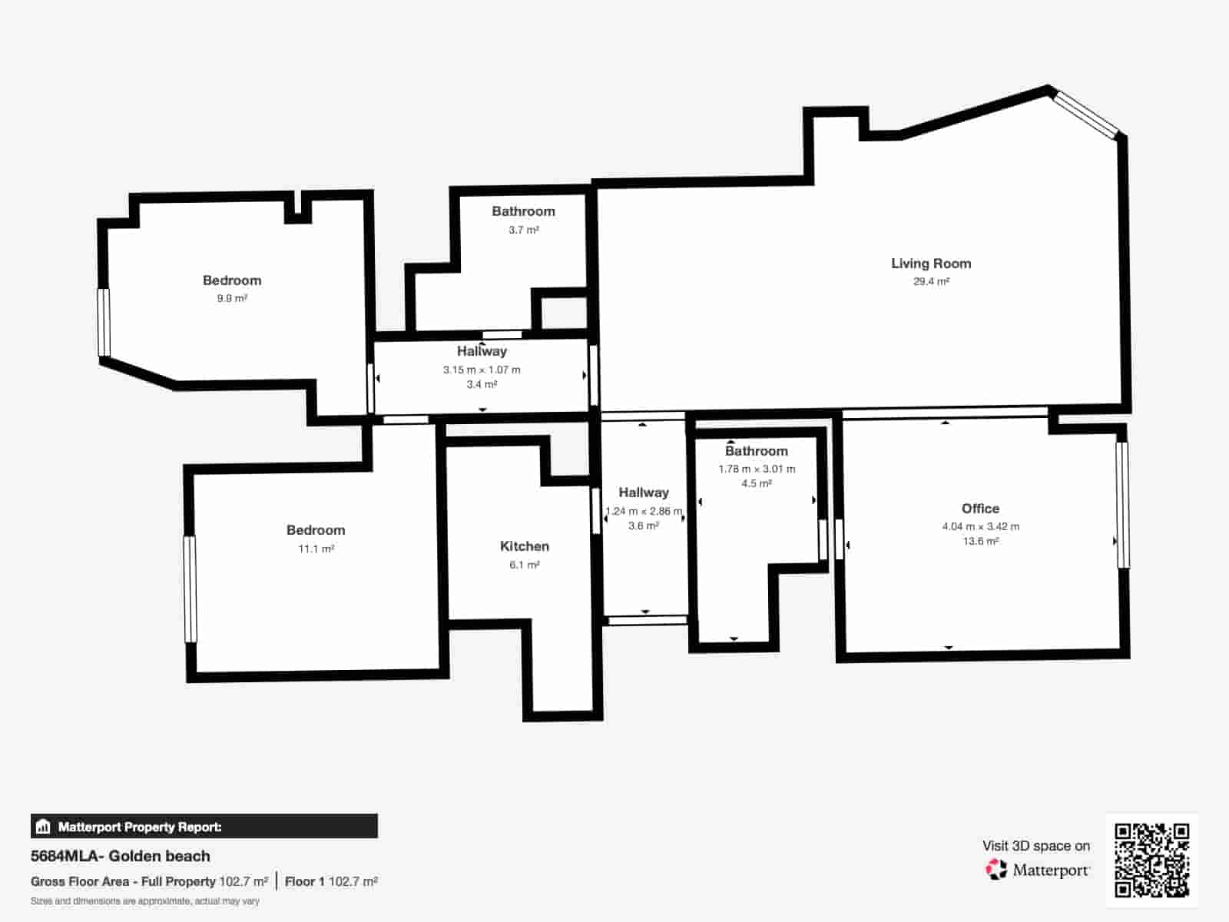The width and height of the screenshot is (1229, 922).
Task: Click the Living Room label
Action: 931,264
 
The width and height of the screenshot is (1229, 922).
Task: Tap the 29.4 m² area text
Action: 931,282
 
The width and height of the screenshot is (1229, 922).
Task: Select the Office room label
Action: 980,509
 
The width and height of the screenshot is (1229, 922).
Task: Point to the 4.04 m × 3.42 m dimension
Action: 980,526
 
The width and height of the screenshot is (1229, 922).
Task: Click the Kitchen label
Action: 524,546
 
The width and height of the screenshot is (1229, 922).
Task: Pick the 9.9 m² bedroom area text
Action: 232,298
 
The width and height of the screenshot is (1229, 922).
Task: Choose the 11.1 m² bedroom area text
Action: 316,549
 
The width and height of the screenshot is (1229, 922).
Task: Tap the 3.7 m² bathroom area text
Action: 523,230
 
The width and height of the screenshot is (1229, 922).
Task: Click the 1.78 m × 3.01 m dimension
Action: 757,469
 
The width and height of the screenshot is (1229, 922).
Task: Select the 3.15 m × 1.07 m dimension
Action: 482,370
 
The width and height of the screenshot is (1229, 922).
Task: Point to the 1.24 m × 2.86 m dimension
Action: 644,511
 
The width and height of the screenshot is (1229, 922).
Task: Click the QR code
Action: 1151,860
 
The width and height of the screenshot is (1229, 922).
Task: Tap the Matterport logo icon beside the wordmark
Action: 996,870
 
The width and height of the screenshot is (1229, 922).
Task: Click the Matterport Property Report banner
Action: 204,827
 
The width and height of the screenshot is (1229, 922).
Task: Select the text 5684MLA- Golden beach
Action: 121,856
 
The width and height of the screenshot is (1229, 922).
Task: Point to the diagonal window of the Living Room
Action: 1086,115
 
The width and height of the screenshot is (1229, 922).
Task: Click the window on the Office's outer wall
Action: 1122,505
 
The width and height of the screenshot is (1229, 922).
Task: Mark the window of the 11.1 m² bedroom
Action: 190,589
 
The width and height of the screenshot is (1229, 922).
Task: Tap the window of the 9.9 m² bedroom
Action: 104,322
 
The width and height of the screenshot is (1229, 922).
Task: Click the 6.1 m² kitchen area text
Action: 524,565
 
